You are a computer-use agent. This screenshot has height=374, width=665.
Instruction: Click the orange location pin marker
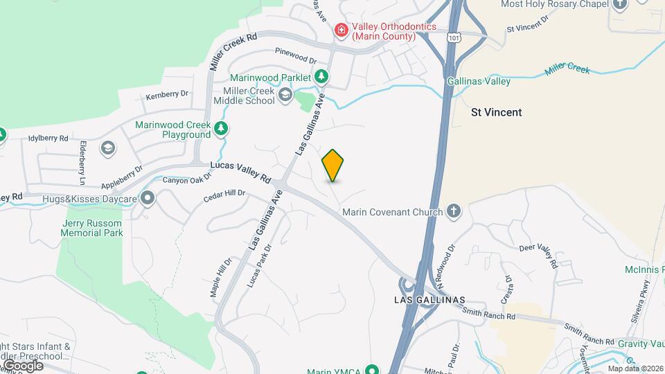click(x=332, y=166)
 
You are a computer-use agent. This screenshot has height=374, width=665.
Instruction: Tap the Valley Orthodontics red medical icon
click(x=341, y=30)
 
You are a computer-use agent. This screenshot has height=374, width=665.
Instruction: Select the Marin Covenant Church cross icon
click(x=454, y=211)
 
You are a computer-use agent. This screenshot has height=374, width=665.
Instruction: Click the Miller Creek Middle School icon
click(x=285, y=96)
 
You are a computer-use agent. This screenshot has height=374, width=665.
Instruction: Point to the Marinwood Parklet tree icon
click(x=321, y=76)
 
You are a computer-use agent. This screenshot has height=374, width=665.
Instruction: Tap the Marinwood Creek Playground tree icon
click(x=220, y=128)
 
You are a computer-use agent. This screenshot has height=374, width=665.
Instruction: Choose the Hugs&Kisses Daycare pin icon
click(x=147, y=199)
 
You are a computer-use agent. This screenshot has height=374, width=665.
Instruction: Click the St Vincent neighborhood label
click(x=496, y=112)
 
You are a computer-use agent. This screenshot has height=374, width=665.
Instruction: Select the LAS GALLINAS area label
click(x=429, y=300)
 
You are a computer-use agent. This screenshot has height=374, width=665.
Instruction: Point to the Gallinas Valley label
click(x=479, y=81)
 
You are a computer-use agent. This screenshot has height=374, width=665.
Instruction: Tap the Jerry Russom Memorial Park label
click(x=92, y=228)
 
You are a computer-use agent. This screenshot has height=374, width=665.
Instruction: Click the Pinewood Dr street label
click(x=295, y=51)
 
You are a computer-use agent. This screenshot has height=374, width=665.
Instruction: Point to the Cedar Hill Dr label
click(x=224, y=196)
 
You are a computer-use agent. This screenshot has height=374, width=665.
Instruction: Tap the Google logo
click(x=22, y=365)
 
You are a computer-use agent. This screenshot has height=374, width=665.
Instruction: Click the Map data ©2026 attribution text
click(x=635, y=368)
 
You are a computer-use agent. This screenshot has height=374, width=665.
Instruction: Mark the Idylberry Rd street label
click(x=48, y=138)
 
